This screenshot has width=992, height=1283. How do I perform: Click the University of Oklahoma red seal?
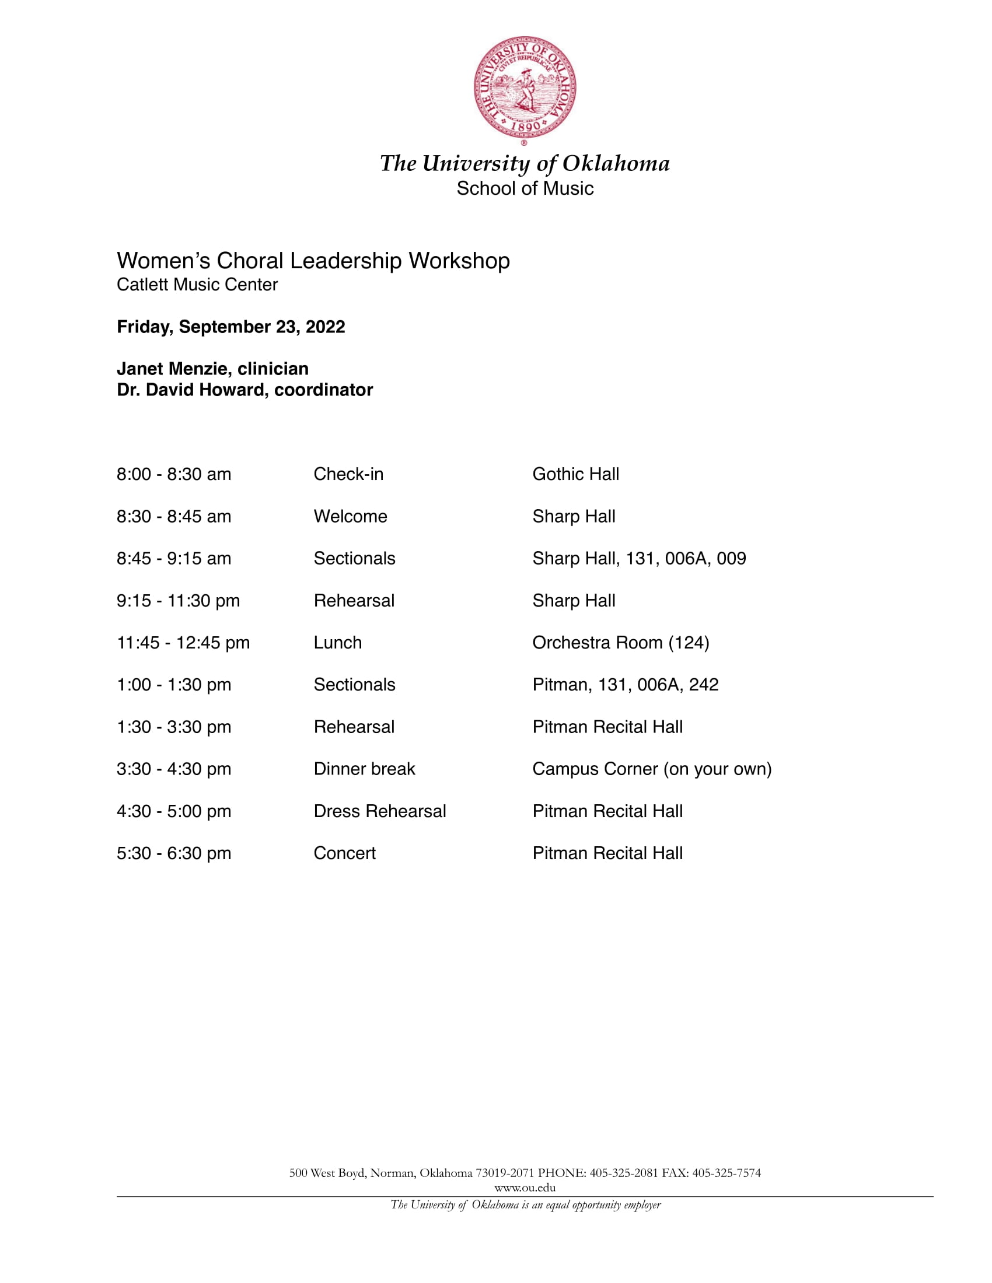tap(525, 88)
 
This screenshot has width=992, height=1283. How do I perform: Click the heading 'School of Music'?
tap(525, 188)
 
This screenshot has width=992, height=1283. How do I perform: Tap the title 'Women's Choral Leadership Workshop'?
tap(313, 261)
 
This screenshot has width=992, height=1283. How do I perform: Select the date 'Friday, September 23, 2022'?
tap(231, 327)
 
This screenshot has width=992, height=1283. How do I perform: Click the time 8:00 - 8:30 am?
tap(174, 474)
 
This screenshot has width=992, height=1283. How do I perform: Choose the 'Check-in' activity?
tap(348, 474)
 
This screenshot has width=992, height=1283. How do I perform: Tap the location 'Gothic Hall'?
tap(575, 474)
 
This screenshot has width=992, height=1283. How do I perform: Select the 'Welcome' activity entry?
tap(350, 516)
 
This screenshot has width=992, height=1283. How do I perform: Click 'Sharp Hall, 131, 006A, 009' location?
tap(639, 558)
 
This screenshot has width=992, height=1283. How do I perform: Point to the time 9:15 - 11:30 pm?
tap(178, 600)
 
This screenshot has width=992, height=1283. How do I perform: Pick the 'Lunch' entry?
tap(337, 643)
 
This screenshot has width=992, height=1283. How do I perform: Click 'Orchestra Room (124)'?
tap(621, 643)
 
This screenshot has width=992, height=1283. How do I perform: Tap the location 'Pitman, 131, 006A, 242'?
tap(626, 685)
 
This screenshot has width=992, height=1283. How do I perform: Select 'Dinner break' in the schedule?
tap(364, 769)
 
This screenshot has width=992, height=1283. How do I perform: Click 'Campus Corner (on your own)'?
tap(652, 769)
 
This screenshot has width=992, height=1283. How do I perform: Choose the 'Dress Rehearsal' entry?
tap(380, 811)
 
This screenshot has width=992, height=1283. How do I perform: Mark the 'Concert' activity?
tap(344, 853)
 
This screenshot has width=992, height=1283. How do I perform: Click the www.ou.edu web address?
tap(525, 1187)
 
